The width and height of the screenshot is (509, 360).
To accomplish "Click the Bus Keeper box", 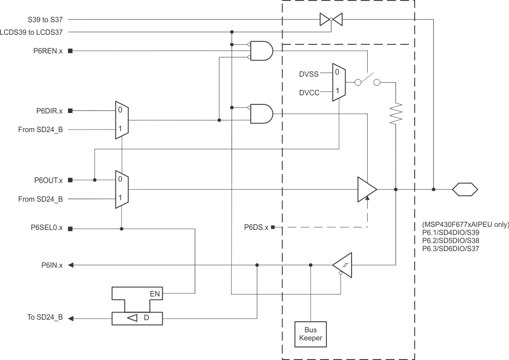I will [x=310, y=334].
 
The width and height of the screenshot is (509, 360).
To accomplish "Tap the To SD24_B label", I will [x=45, y=318].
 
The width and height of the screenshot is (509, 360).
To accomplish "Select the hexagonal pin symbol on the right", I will [x=464, y=190].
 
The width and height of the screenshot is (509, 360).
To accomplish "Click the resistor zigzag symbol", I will [x=396, y=113].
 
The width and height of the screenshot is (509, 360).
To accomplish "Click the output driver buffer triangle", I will [x=366, y=190].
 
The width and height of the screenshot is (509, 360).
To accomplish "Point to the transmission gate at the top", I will [x=331, y=20].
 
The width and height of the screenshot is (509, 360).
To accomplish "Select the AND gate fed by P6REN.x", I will [x=261, y=51].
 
